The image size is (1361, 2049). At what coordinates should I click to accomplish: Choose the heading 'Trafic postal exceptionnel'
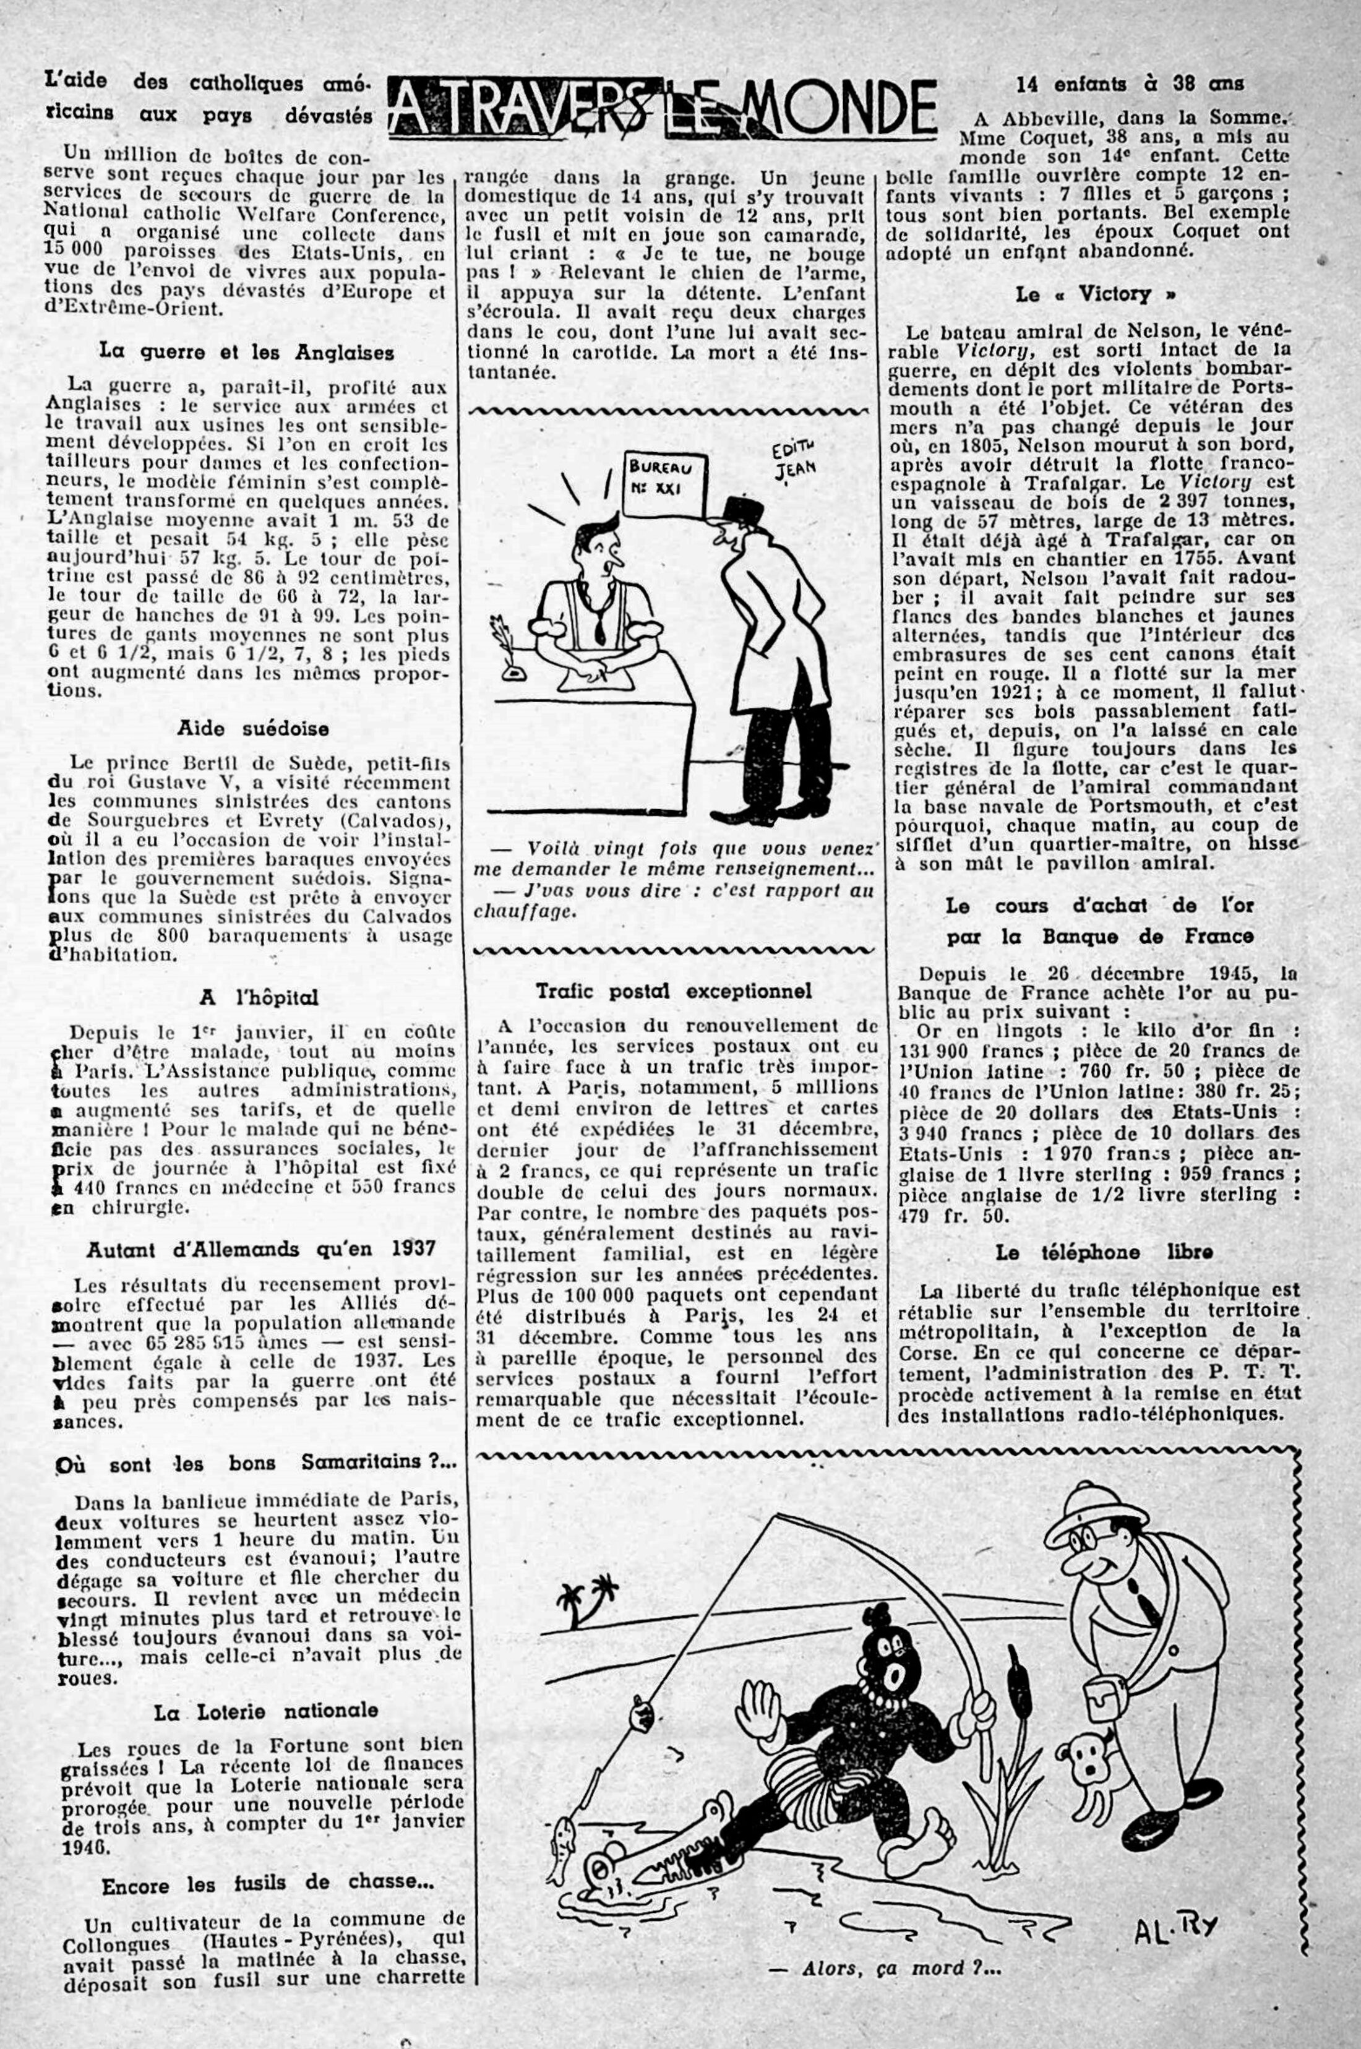coord(674,990)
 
